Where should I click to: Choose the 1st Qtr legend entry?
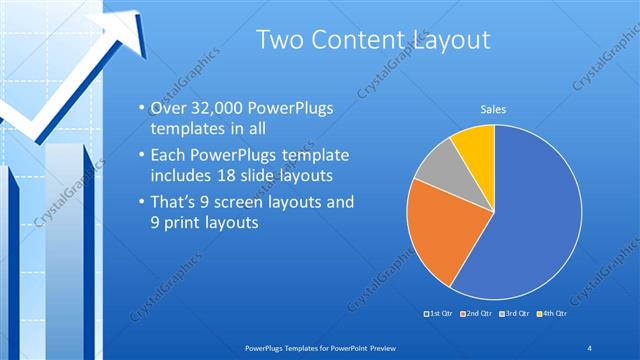pos(440,314)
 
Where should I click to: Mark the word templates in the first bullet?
pos(187,130)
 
